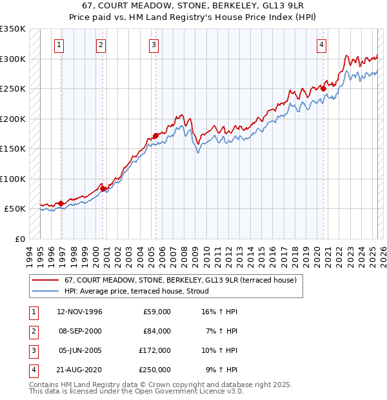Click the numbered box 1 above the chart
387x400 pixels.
[x=59, y=45]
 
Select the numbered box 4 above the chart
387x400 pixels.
[x=321, y=45]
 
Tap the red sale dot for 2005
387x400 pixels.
[x=155, y=135]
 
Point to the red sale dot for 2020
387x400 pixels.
[x=324, y=89]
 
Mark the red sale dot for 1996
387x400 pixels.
[x=61, y=203]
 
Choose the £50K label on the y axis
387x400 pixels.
[x=15, y=209]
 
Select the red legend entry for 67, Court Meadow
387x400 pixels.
[x=180, y=280]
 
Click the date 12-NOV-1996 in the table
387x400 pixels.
[x=79, y=312]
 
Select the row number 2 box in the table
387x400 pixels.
[x=32, y=331]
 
